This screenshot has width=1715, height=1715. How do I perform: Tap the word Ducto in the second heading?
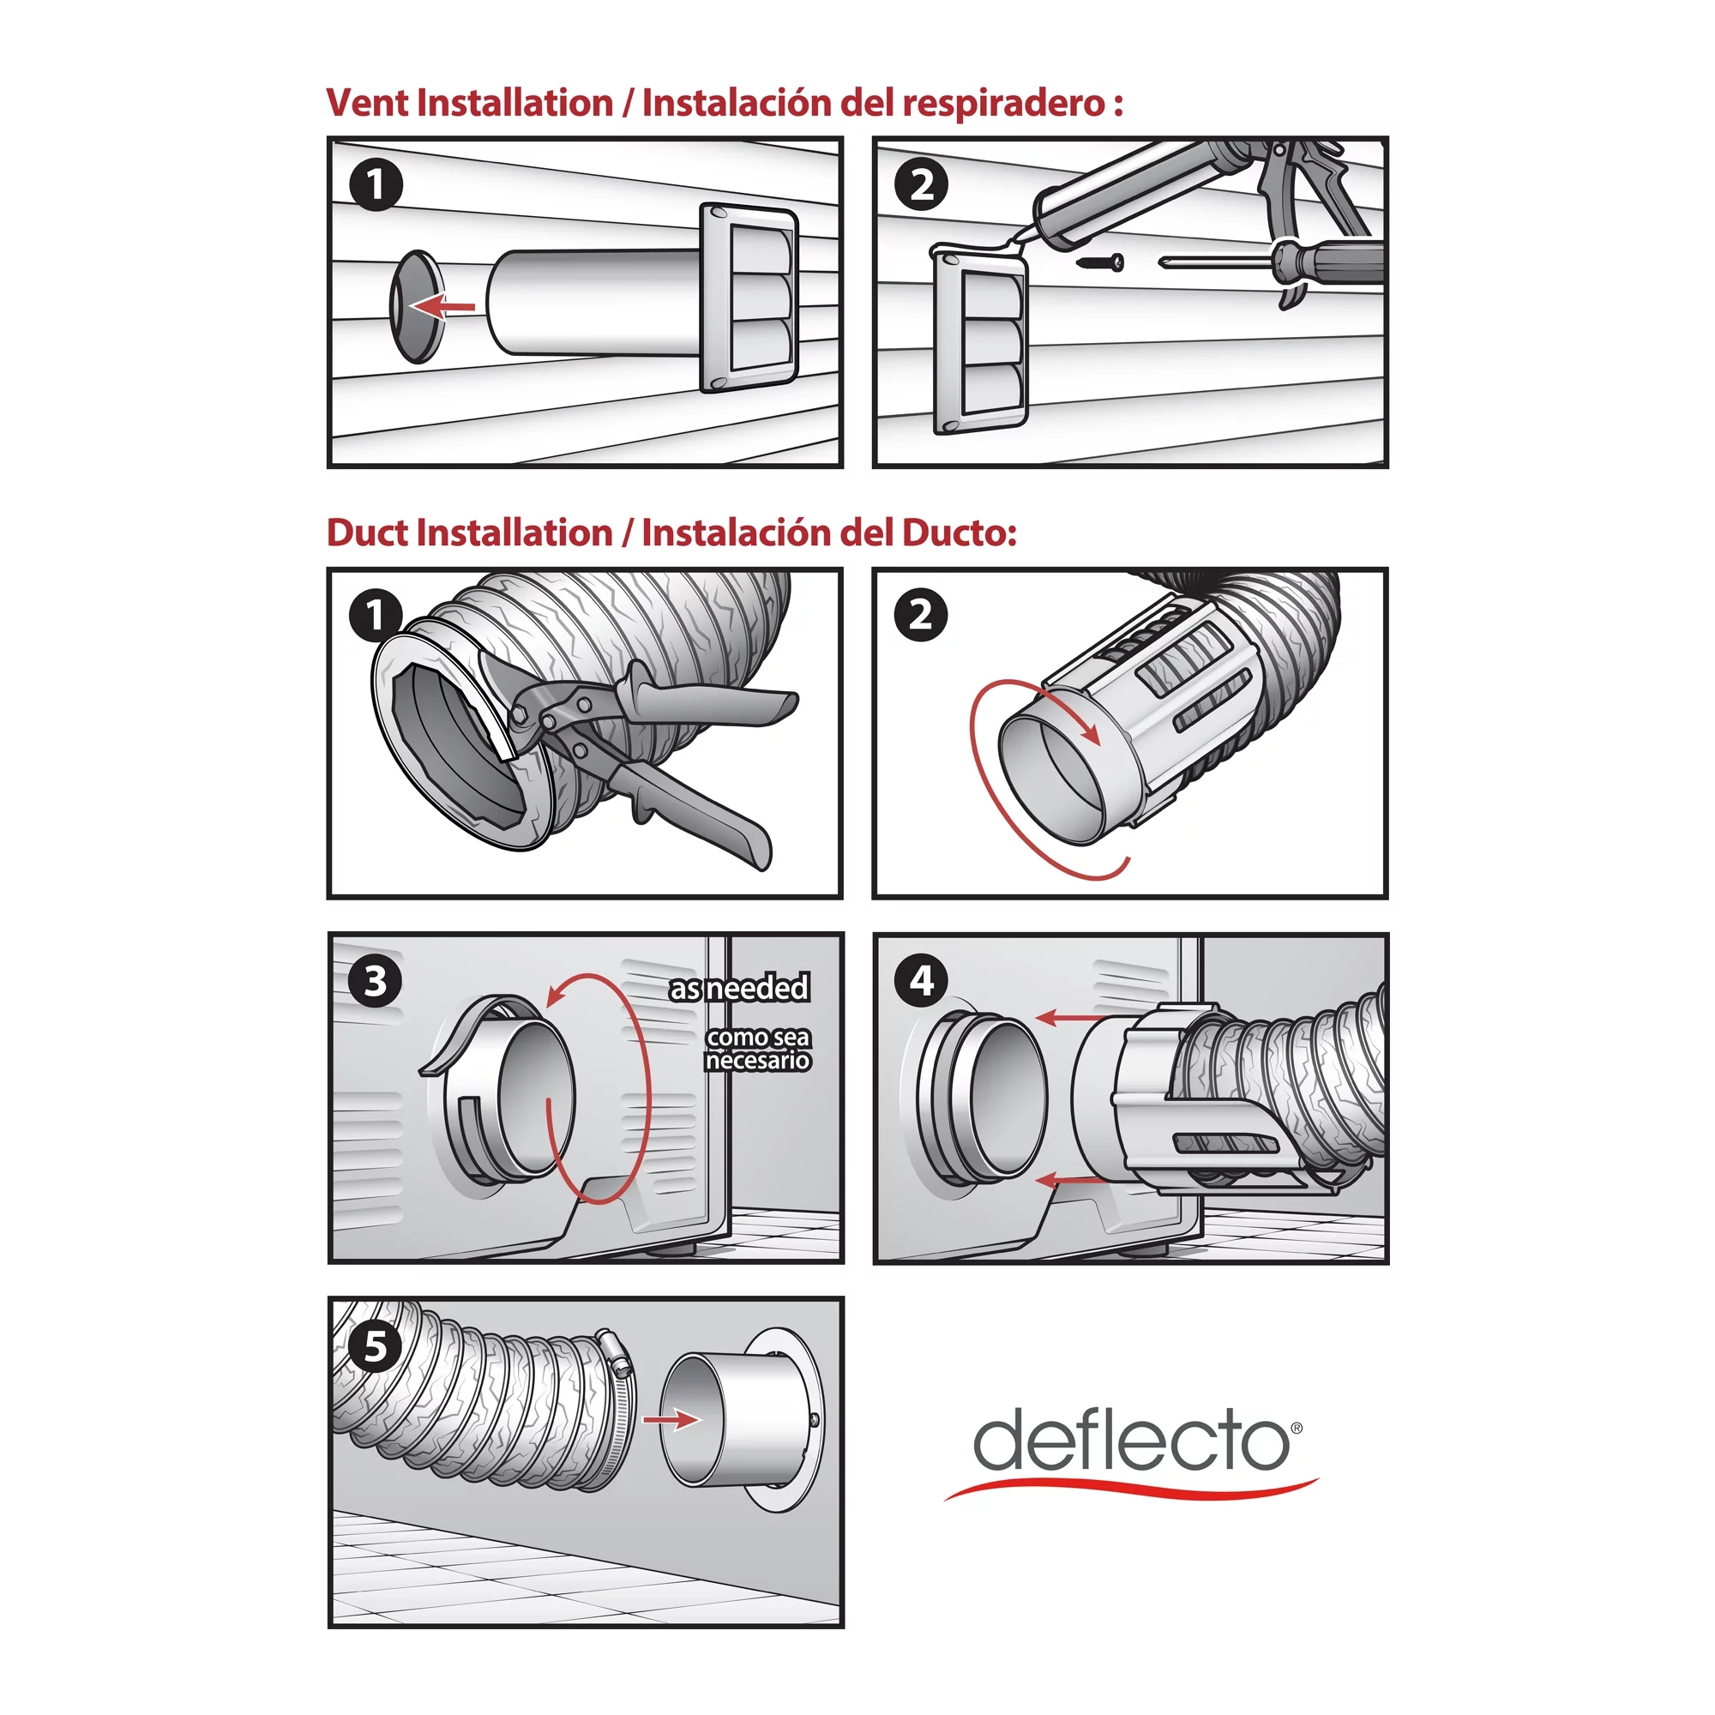(958, 533)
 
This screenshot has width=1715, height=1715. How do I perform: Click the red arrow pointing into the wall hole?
(443, 307)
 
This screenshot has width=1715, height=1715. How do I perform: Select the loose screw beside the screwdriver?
(1101, 262)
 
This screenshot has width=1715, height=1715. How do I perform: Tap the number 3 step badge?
(376, 982)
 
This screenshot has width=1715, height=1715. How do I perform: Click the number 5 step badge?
(376, 1346)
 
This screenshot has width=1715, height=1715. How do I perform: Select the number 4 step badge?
(922, 981)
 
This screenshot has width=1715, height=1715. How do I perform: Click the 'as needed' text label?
(738, 988)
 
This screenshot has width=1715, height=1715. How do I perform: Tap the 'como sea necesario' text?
(757, 1049)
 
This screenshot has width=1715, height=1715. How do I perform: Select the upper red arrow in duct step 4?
(1069, 1017)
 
